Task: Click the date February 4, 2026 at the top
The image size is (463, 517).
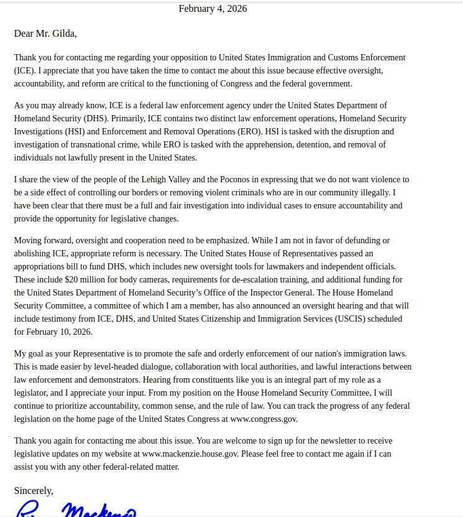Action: tap(213, 9)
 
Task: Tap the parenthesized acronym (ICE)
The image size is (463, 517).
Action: tap(25, 70)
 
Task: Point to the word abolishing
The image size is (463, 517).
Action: tap(35, 253)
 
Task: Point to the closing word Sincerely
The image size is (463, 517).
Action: tap(34, 491)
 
